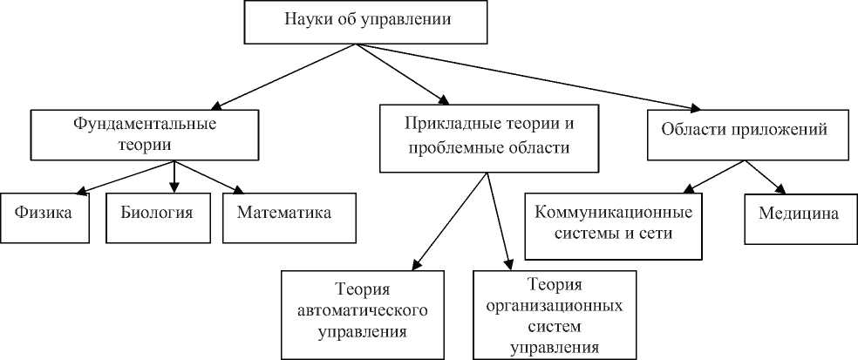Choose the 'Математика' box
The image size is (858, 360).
(x=289, y=214)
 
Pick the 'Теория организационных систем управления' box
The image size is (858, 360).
(x=554, y=315)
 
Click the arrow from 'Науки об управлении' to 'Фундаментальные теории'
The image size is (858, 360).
(x=279, y=76)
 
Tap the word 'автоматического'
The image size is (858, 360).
(x=361, y=310)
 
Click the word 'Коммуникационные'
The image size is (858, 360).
(x=613, y=214)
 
